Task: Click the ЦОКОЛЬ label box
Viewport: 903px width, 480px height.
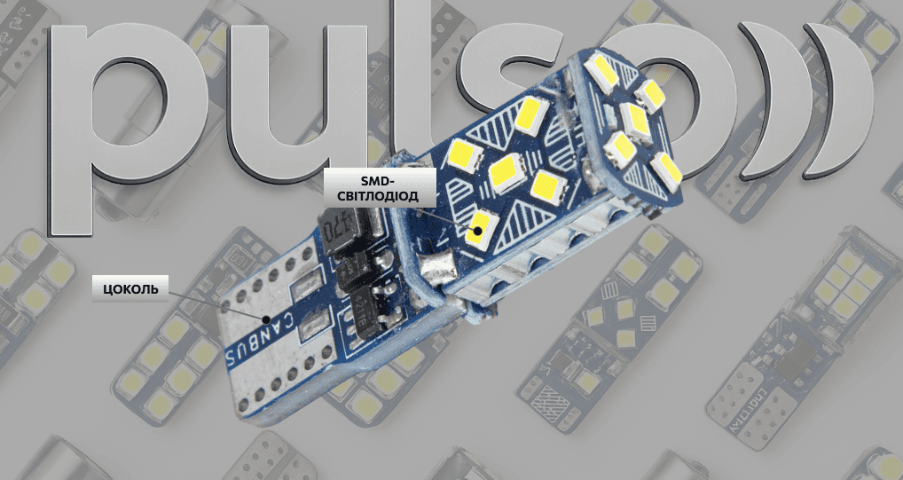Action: pos(130,288)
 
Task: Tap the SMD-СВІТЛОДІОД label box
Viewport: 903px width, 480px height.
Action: pos(380,188)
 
